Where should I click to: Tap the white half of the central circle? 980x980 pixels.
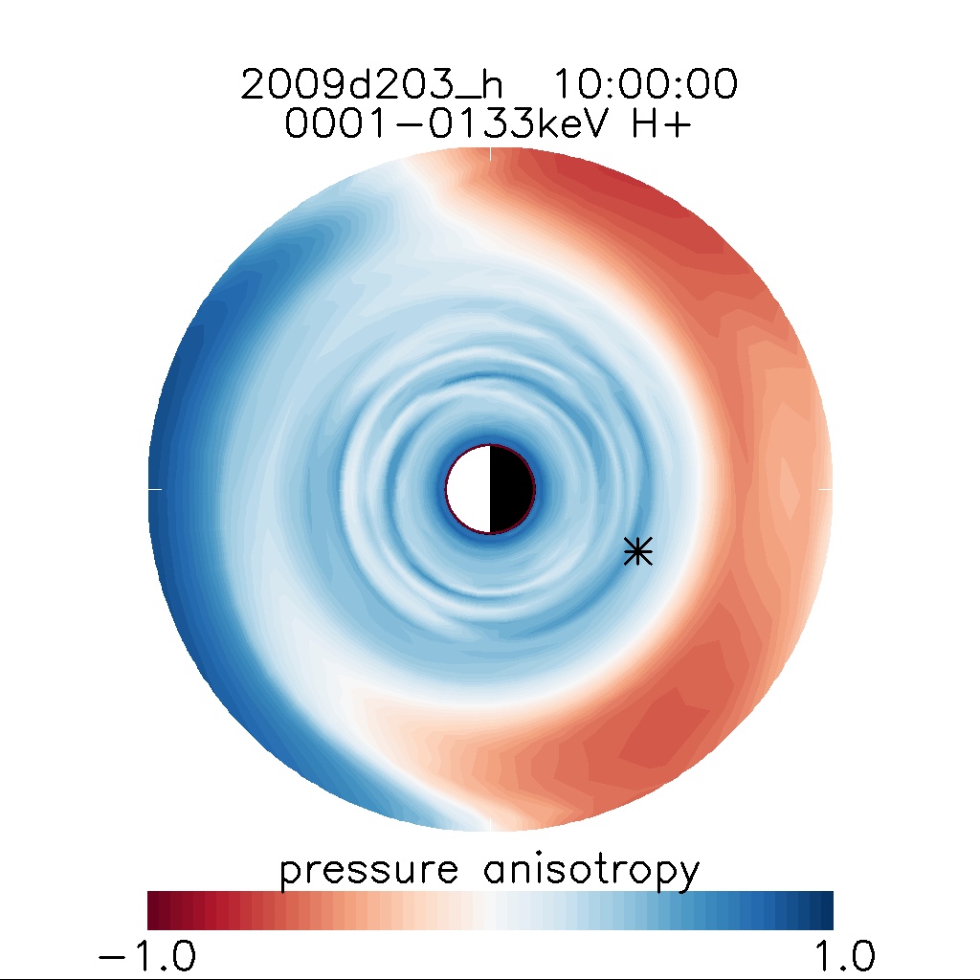coord(469,488)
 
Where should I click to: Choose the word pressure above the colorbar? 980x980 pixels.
coord(368,872)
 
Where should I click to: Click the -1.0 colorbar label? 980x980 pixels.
coord(147,954)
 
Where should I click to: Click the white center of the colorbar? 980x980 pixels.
coord(490,910)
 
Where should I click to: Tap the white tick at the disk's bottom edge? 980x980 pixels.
coord(490,826)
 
